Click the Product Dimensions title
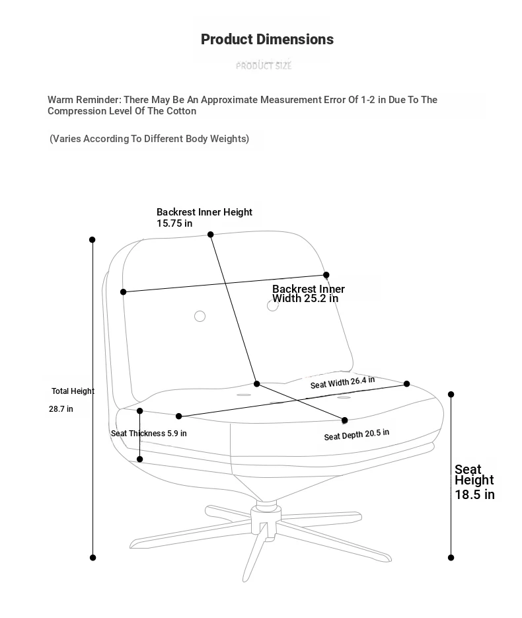tap(267, 40)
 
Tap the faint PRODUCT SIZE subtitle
tap(264, 66)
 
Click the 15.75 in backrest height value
tap(174, 223)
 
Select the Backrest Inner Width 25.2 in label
tap(309, 293)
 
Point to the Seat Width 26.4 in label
tap(342, 382)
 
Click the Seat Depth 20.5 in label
tap(357, 435)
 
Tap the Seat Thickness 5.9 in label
tap(149, 434)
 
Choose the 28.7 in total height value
tap(61, 409)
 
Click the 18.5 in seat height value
tap(474, 494)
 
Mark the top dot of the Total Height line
tap(93, 240)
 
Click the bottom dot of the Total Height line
tap(93, 558)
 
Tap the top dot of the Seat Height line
tap(451, 394)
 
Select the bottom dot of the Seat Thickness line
tap(140, 459)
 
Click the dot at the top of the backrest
tap(210, 235)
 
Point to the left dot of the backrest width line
tap(124, 291)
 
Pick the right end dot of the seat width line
tap(407, 383)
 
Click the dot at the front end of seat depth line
tap(345, 420)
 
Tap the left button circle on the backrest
tap(200, 316)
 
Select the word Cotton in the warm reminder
tap(181, 111)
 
